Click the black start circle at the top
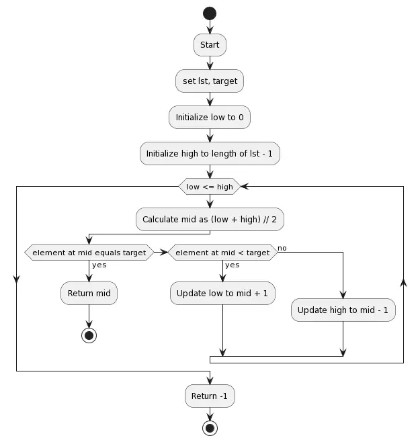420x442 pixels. [x=210, y=13]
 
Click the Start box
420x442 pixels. [x=210, y=45]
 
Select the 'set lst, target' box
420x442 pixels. [x=210, y=81]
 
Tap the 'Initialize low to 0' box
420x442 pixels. [x=210, y=118]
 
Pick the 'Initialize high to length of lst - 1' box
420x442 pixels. [x=210, y=154]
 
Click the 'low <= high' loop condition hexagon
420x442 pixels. [x=210, y=186]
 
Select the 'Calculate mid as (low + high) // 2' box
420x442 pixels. [x=210, y=219]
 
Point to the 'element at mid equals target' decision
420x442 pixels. [x=89, y=253]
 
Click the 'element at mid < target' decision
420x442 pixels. [x=222, y=253]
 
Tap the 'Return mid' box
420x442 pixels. [x=89, y=293]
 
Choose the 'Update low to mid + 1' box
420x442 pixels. [x=222, y=293]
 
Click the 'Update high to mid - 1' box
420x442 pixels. [x=343, y=310]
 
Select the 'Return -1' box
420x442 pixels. [x=210, y=396]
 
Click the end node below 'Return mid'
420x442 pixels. [x=89, y=335]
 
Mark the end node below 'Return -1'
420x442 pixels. [x=210, y=428]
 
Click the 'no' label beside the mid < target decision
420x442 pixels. [x=282, y=248]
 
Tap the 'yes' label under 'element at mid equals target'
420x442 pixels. [x=99, y=265]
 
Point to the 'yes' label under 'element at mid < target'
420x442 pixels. [x=233, y=265]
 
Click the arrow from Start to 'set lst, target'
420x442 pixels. [x=210, y=62]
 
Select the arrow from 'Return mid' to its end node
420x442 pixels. [x=89, y=316]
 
